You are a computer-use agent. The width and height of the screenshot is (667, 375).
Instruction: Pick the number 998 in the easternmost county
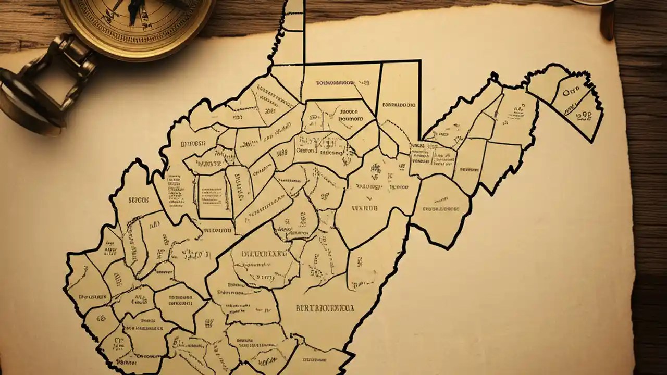pos(583,113)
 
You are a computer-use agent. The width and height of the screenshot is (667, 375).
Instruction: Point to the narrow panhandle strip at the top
pos(294,31)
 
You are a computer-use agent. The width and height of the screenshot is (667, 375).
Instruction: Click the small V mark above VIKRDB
pos(369,198)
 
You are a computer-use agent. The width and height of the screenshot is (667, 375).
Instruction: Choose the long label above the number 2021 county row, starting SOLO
pos(336,82)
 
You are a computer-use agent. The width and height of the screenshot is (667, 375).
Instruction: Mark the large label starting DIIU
pos(259,255)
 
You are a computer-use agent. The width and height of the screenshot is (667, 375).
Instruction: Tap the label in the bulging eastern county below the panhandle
pos(441,209)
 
